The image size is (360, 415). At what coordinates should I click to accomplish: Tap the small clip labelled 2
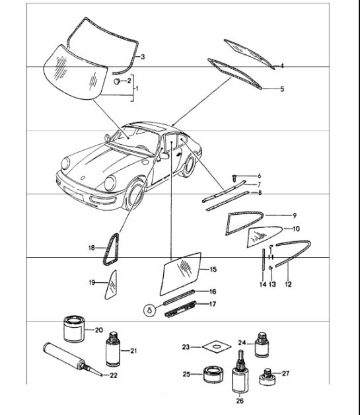point(117,81)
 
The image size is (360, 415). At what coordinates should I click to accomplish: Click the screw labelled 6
point(235,176)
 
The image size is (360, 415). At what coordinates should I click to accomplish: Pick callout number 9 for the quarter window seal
point(295,215)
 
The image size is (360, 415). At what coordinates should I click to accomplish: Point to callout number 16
point(213,291)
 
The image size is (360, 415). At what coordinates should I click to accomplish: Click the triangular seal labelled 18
point(110,248)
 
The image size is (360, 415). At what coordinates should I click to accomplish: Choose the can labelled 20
point(73,328)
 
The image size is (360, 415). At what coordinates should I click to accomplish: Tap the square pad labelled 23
point(213,346)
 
